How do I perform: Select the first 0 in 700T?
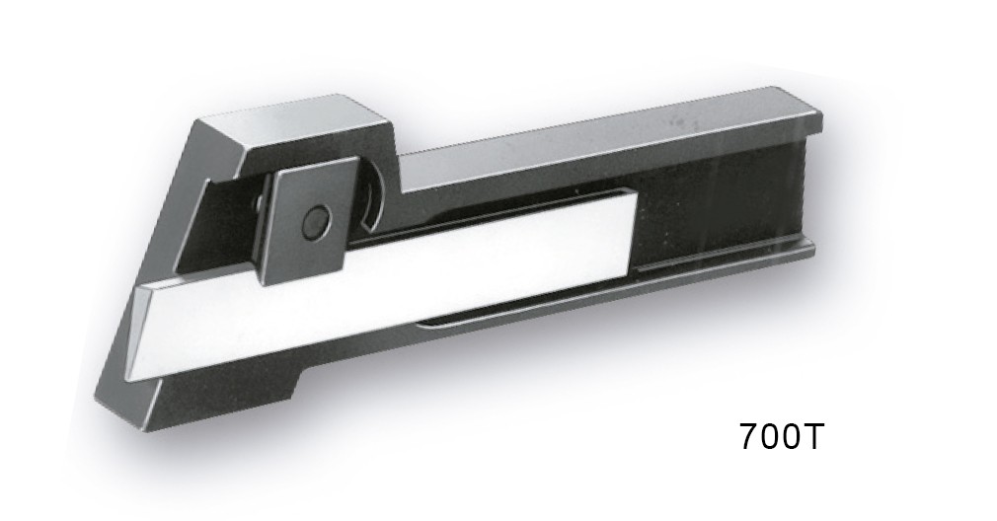pyautogui.click(x=769, y=436)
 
